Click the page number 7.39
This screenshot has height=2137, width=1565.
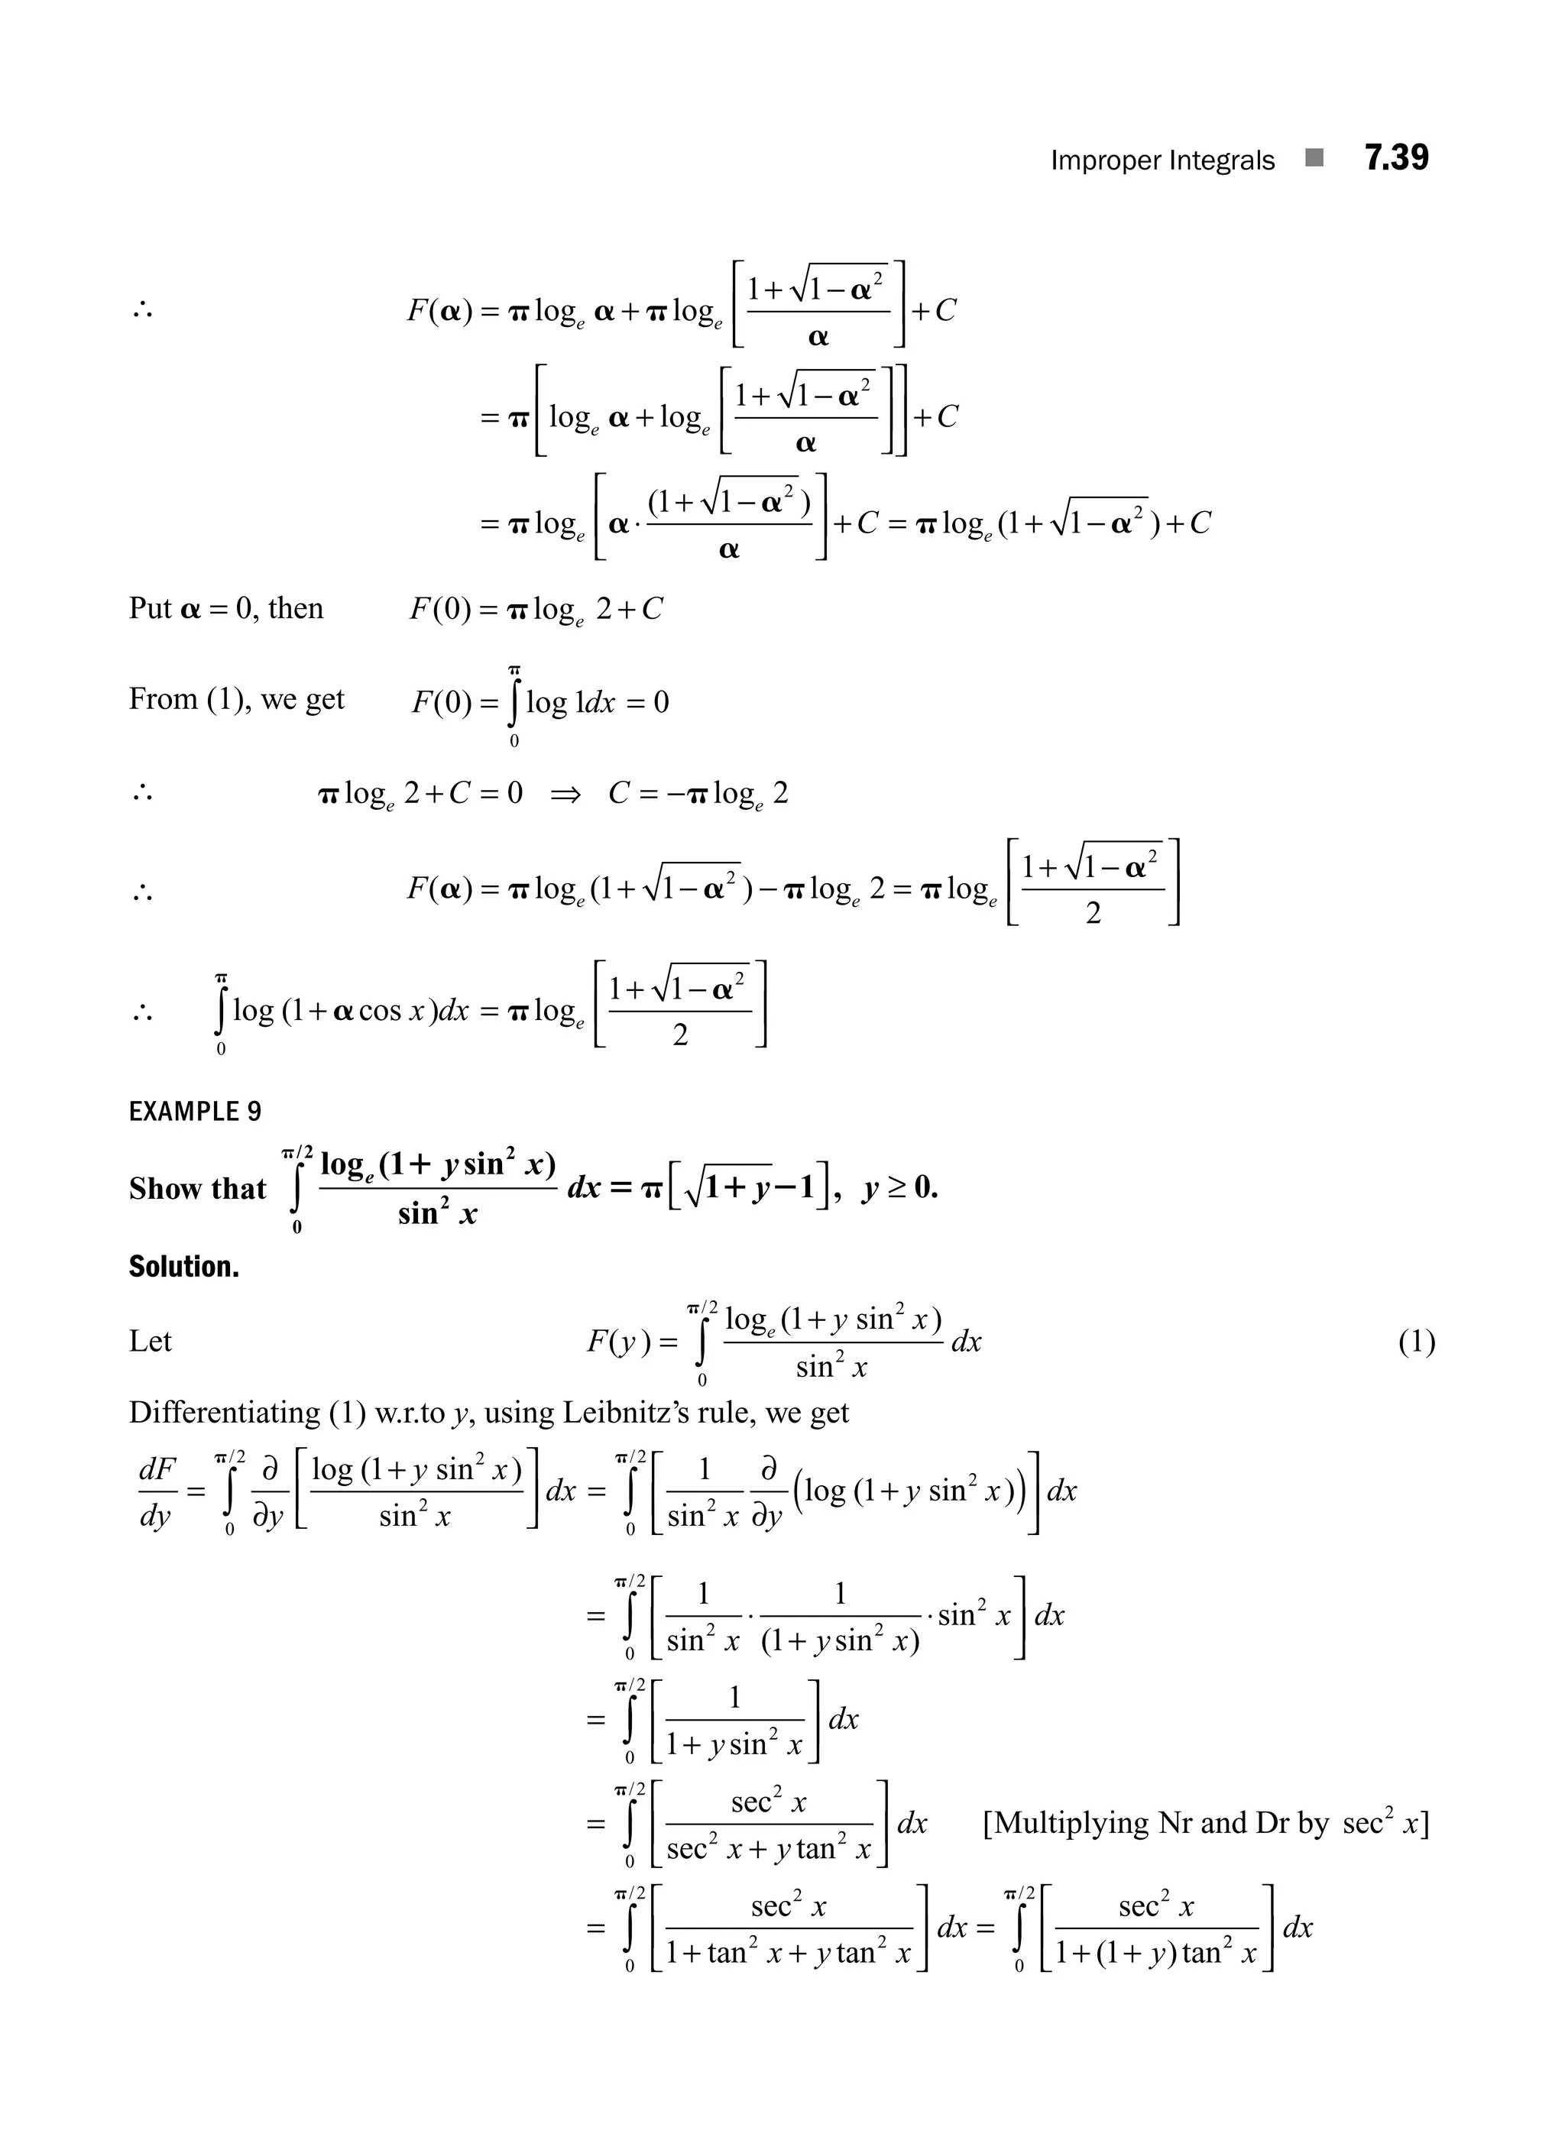click(x=1395, y=157)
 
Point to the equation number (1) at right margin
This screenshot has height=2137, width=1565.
click(x=1416, y=1342)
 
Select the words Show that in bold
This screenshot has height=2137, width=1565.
click(x=197, y=1188)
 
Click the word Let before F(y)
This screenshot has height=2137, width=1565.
click(x=150, y=1342)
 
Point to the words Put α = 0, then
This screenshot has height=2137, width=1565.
click(x=225, y=608)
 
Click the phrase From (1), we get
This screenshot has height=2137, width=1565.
click(x=236, y=699)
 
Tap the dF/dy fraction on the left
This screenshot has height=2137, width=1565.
click(x=157, y=1493)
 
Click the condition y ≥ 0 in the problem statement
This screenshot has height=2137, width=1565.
click(x=900, y=1188)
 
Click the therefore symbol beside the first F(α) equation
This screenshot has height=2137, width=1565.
click(x=143, y=309)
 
